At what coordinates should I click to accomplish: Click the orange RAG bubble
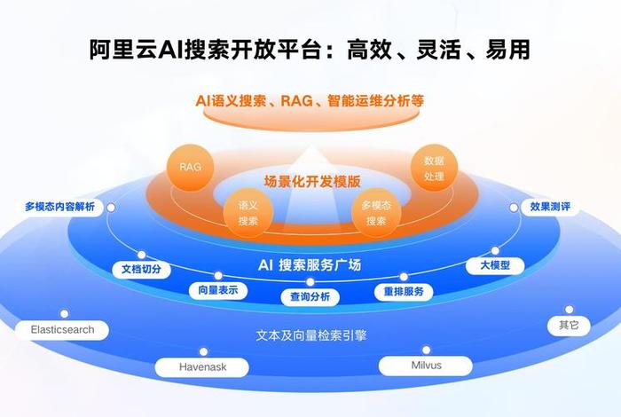pyautogui.click(x=190, y=167)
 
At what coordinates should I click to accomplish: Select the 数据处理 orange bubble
pyautogui.click(x=434, y=168)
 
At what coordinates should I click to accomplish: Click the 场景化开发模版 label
pyautogui.click(x=312, y=181)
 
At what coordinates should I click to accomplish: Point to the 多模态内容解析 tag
pyautogui.click(x=59, y=207)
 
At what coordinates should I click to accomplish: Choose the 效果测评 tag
pyautogui.click(x=550, y=207)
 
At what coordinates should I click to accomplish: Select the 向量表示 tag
pyautogui.click(x=218, y=290)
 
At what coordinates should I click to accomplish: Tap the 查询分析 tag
pyautogui.click(x=310, y=296)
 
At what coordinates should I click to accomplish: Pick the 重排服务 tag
pyautogui.click(x=403, y=291)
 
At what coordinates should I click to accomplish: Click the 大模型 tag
pyautogui.click(x=495, y=265)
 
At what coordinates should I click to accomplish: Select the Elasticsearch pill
pyautogui.click(x=62, y=330)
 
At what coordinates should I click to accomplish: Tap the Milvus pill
pyautogui.click(x=426, y=365)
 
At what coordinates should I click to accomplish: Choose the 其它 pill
pyautogui.click(x=569, y=326)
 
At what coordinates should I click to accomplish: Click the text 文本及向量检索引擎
pyautogui.click(x=311, y=336)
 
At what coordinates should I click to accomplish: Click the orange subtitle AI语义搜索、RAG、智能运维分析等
pyautogui.click(x=310, y=101)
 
